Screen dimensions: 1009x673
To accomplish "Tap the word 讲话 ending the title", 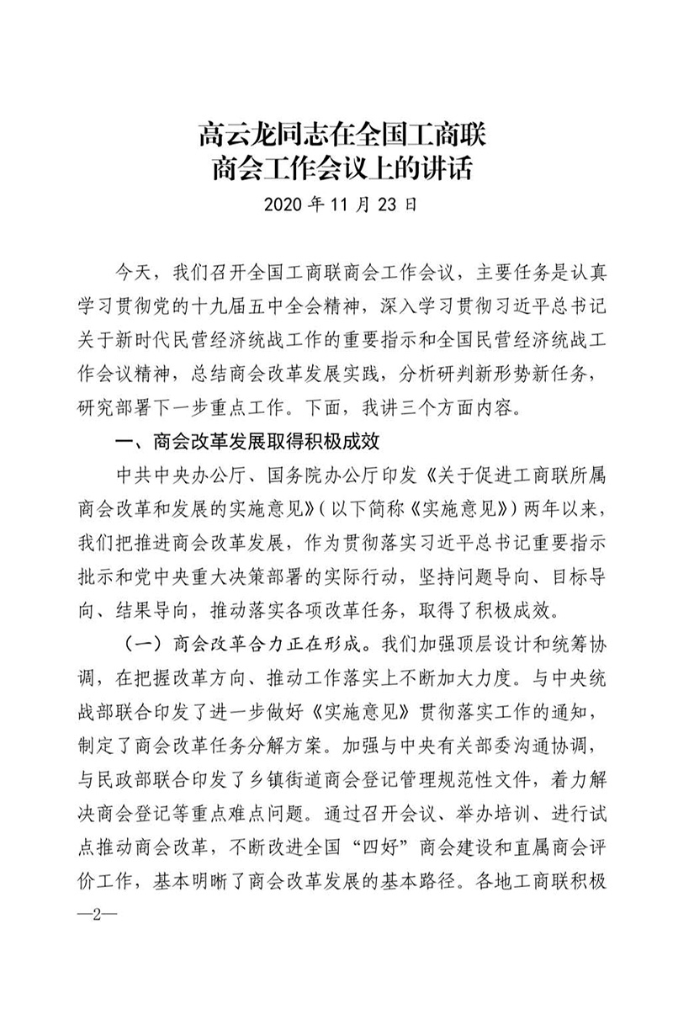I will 445,167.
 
